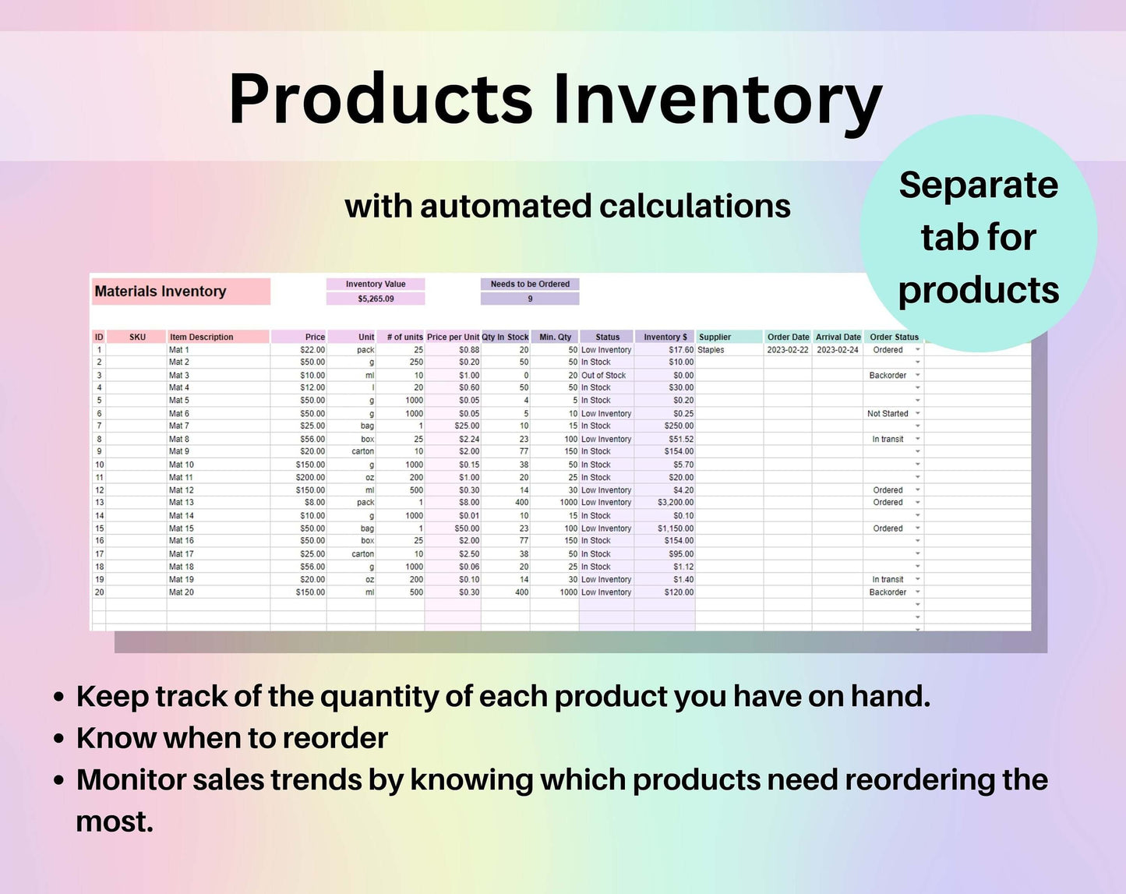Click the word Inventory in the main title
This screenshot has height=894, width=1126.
718,101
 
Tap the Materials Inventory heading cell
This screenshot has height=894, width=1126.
181,291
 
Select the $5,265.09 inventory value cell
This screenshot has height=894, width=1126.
375,299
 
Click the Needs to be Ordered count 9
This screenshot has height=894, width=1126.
530,299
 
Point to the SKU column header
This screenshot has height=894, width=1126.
137,337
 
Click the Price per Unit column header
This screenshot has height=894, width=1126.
453,337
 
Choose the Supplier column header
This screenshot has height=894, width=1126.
715,337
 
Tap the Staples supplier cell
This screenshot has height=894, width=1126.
711,350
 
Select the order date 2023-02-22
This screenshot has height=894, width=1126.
788,350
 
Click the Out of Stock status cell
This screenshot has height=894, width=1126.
603,375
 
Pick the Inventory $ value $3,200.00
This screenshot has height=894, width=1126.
676,503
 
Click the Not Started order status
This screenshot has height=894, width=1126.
888,414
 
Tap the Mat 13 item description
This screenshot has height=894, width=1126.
181,503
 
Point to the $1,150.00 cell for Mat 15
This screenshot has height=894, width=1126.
676,528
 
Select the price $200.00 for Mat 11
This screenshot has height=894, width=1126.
310,477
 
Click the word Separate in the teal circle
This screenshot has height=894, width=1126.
979,185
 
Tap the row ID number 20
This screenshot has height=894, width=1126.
100,592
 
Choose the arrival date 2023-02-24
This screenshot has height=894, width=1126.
837,350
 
